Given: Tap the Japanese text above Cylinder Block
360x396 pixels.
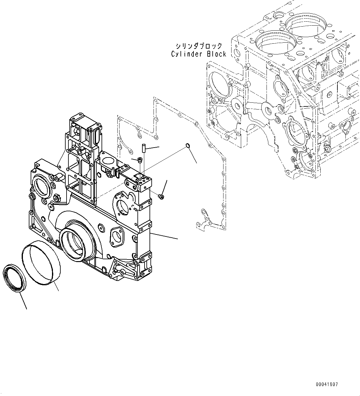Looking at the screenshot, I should tap(199, 46).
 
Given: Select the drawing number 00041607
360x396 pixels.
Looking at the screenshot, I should tap(327, 385).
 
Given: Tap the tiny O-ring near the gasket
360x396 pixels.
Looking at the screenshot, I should tap(187, 145).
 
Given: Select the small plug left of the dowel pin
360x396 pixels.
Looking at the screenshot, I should tap(140, 160).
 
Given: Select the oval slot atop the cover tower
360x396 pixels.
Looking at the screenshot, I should tap(94, 136).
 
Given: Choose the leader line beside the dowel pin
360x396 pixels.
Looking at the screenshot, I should tap(153, 148).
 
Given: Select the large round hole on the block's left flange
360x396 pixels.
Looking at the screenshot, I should tap(220, 84).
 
